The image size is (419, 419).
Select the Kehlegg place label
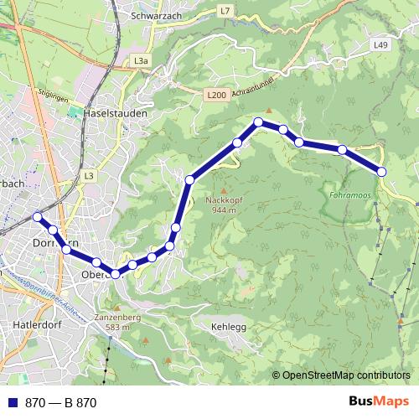(229, 327)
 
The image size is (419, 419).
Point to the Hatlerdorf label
(33, 323)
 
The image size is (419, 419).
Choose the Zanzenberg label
(116, 318)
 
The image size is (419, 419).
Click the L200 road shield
(215, 96)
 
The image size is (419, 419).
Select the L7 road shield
(224, 10)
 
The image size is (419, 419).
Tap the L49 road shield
(381, 44)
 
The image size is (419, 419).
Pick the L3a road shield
(141, 61)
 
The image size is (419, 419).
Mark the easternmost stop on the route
(381, 171)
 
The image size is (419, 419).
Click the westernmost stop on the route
(37, 217)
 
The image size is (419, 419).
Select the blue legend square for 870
(11, 403)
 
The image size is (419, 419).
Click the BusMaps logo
(378, 401)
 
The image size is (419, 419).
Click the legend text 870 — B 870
(61, 403)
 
